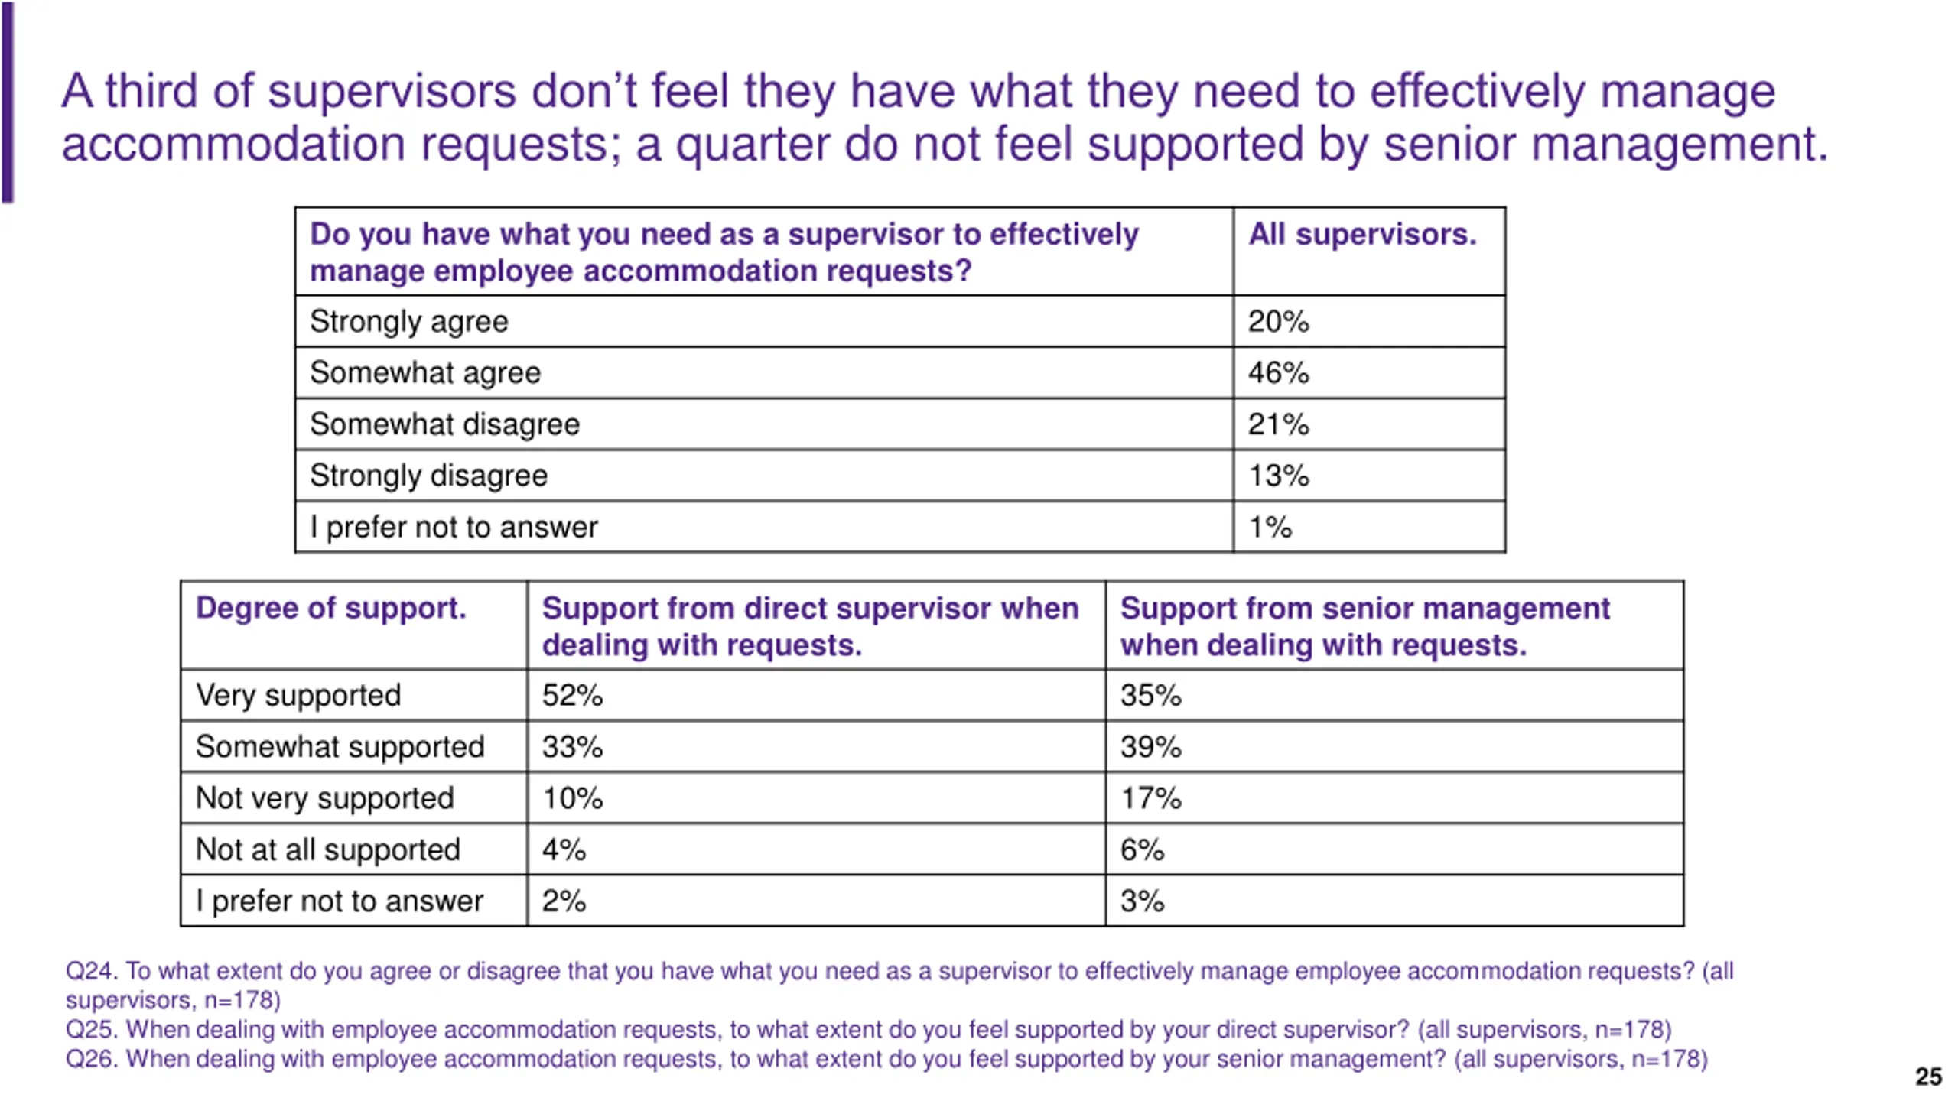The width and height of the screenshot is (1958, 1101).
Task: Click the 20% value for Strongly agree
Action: (1278, 322)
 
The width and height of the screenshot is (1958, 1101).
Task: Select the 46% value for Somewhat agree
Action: (1278, 373)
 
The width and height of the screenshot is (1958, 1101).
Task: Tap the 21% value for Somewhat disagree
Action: (1278, 424)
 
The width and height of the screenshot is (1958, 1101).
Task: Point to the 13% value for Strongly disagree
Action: (1278, 476)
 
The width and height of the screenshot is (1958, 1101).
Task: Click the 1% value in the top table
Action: (1270, 528)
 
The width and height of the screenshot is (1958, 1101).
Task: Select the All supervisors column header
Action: (1362, 234)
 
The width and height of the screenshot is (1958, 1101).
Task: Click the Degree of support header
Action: (330, 609)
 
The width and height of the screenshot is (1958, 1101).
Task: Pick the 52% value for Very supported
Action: (572, 696)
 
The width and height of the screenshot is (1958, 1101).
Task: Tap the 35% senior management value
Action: (1150, 696)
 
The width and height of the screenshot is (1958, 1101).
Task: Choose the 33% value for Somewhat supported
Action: (572, 747)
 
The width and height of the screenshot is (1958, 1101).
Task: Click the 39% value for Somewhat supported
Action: (1150, 747)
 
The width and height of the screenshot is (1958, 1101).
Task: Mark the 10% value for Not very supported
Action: (572, 798)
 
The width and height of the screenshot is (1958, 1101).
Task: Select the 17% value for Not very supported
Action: (1150, 798)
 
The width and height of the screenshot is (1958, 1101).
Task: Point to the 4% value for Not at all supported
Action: (564, 849)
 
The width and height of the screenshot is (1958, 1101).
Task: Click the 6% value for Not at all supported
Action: (1142, 849)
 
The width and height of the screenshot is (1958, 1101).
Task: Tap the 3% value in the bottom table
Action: (1142, 901)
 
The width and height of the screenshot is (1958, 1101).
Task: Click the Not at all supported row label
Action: (327, 849)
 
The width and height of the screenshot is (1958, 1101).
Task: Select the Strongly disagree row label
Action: (428, 476)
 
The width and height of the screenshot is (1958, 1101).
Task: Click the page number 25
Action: (1928, 1077)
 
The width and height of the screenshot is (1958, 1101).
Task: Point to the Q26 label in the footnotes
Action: (91, 1059)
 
